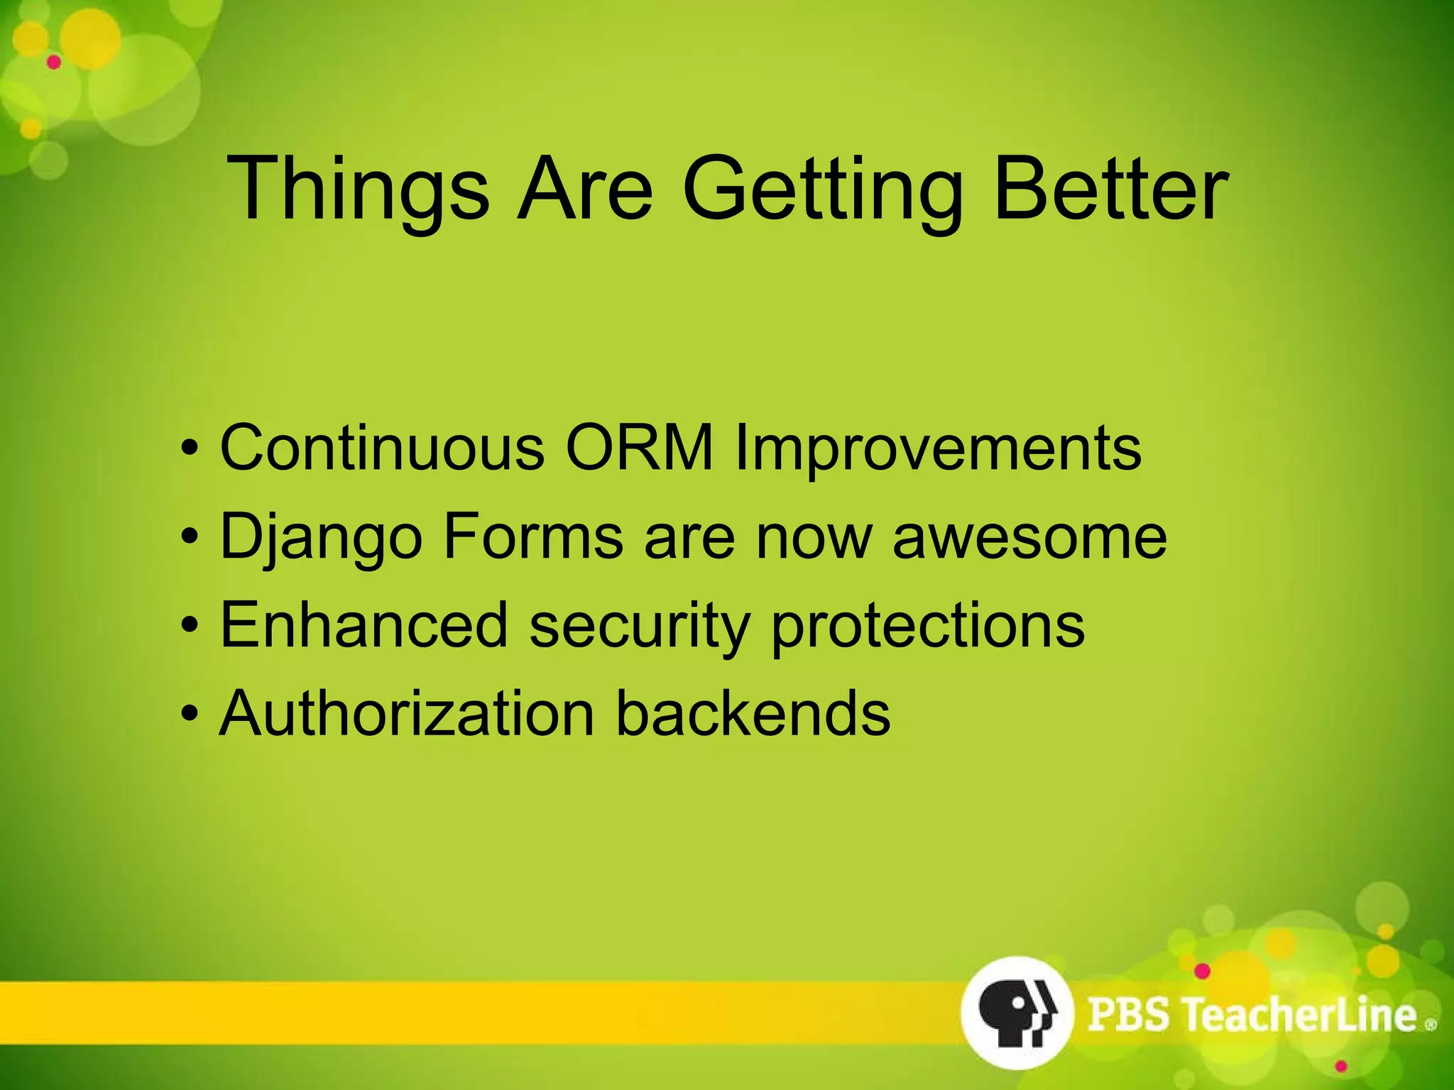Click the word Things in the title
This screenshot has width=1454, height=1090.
click(357, 189)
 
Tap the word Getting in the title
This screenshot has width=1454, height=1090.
click(824, 189)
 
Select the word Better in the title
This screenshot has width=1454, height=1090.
click(1110, 189)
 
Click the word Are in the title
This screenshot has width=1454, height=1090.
click(584, 189)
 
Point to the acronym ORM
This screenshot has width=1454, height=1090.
click(639, 447)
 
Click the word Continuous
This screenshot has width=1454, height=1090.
click(382, 447)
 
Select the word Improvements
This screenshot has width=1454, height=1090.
click(937, 447)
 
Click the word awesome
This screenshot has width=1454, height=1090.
click(1029, 537)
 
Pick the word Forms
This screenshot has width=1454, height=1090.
click(532, 537)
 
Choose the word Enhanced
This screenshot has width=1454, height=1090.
click(364, 624)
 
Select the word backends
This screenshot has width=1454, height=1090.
click(753, 713)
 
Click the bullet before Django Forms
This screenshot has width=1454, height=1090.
click(188, 537)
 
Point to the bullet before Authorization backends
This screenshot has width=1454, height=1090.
click(188, 713)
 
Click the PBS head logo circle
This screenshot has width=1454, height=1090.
click(1016, 1012)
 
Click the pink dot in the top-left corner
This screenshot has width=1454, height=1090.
click(54, 62)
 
